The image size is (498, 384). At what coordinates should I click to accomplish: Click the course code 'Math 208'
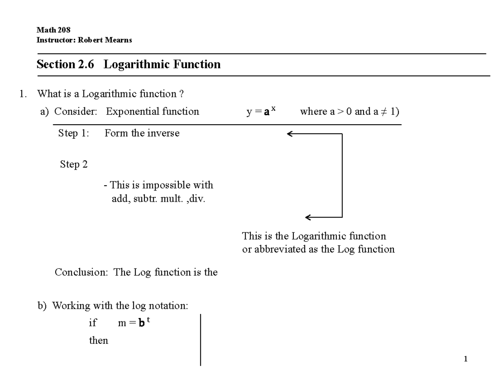54,30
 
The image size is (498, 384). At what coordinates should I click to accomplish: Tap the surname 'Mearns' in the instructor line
119,40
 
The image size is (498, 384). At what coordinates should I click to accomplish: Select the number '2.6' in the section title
86,64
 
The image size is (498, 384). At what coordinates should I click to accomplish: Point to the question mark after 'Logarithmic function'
181,94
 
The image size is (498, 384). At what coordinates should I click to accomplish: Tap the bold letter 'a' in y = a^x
266,113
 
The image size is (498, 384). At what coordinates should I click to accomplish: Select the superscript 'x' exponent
273,109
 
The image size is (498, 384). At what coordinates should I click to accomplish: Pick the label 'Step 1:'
73,133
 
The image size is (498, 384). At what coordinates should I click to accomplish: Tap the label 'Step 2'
74,164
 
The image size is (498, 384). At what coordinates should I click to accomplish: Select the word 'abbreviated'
280,249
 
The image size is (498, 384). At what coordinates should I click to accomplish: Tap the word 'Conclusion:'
81,272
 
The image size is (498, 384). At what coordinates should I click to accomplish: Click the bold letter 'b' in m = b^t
142,323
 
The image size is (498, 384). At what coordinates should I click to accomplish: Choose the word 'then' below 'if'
98,341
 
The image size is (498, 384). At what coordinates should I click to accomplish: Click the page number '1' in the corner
466,359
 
